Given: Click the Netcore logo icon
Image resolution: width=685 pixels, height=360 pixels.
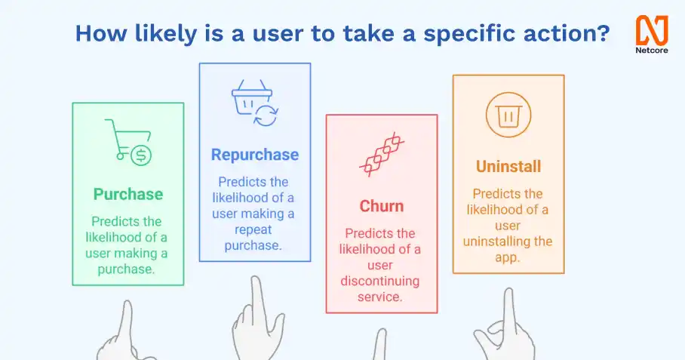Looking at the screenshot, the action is (x=652, y=31).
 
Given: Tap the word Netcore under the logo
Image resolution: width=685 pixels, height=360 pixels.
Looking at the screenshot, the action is (x=652, y=51).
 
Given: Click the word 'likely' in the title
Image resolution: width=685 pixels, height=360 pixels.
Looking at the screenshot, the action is (x=165, y=34).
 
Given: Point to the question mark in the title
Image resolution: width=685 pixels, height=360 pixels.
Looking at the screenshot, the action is (x=604, y=32).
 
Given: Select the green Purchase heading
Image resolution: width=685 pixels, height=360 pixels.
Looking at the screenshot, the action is (x=128, y=194).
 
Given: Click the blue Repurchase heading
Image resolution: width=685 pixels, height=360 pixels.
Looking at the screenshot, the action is (x=255, y=155).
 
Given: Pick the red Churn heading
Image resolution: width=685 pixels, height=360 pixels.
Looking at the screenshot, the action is (x=382, y=206).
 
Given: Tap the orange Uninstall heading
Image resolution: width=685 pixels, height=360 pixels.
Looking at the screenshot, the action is (x=508, y=167).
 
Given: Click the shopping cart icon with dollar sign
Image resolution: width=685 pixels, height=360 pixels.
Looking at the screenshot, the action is (x=128, y=142).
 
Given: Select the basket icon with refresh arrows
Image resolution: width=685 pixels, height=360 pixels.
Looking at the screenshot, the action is (x=255, y=103).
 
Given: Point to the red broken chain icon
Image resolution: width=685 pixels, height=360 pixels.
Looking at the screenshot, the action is (x=382, y=154).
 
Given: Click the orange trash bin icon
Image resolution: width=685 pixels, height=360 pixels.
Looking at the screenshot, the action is (x=508, y=115).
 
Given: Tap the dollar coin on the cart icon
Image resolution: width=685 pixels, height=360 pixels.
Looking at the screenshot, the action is (x=140, y=155).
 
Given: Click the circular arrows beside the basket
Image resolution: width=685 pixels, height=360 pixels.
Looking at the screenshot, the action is (x=266, y=115).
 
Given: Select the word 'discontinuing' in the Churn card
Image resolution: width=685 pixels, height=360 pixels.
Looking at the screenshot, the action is (x=380, y=281).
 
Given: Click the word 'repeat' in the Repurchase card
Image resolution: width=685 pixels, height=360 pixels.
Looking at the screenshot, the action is (x=253, y=229).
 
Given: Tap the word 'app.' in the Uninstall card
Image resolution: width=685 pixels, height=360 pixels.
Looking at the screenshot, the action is (x=508, y=257).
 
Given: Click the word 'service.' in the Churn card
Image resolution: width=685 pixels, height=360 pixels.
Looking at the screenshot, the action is (x=379, y=297).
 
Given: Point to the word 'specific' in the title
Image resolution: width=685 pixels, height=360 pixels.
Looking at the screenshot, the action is (x=470, y=34).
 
